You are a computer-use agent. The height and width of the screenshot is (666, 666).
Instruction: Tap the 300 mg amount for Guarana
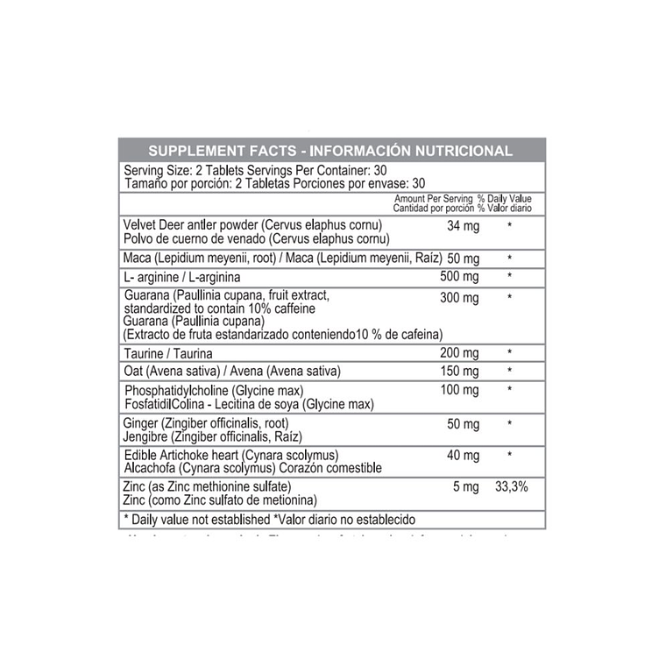coord(460,298)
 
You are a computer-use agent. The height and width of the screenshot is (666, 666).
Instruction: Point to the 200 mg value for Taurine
coord(460,352)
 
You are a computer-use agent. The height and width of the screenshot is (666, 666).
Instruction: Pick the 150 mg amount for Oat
coord(460,371)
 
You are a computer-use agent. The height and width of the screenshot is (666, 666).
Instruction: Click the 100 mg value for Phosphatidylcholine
coord(460,390)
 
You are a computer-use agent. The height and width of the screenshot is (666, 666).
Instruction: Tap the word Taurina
coord(197,352)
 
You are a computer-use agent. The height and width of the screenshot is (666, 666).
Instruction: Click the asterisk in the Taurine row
coord(509,352)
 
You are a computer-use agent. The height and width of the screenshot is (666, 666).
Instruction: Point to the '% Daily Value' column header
coord(504,199)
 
